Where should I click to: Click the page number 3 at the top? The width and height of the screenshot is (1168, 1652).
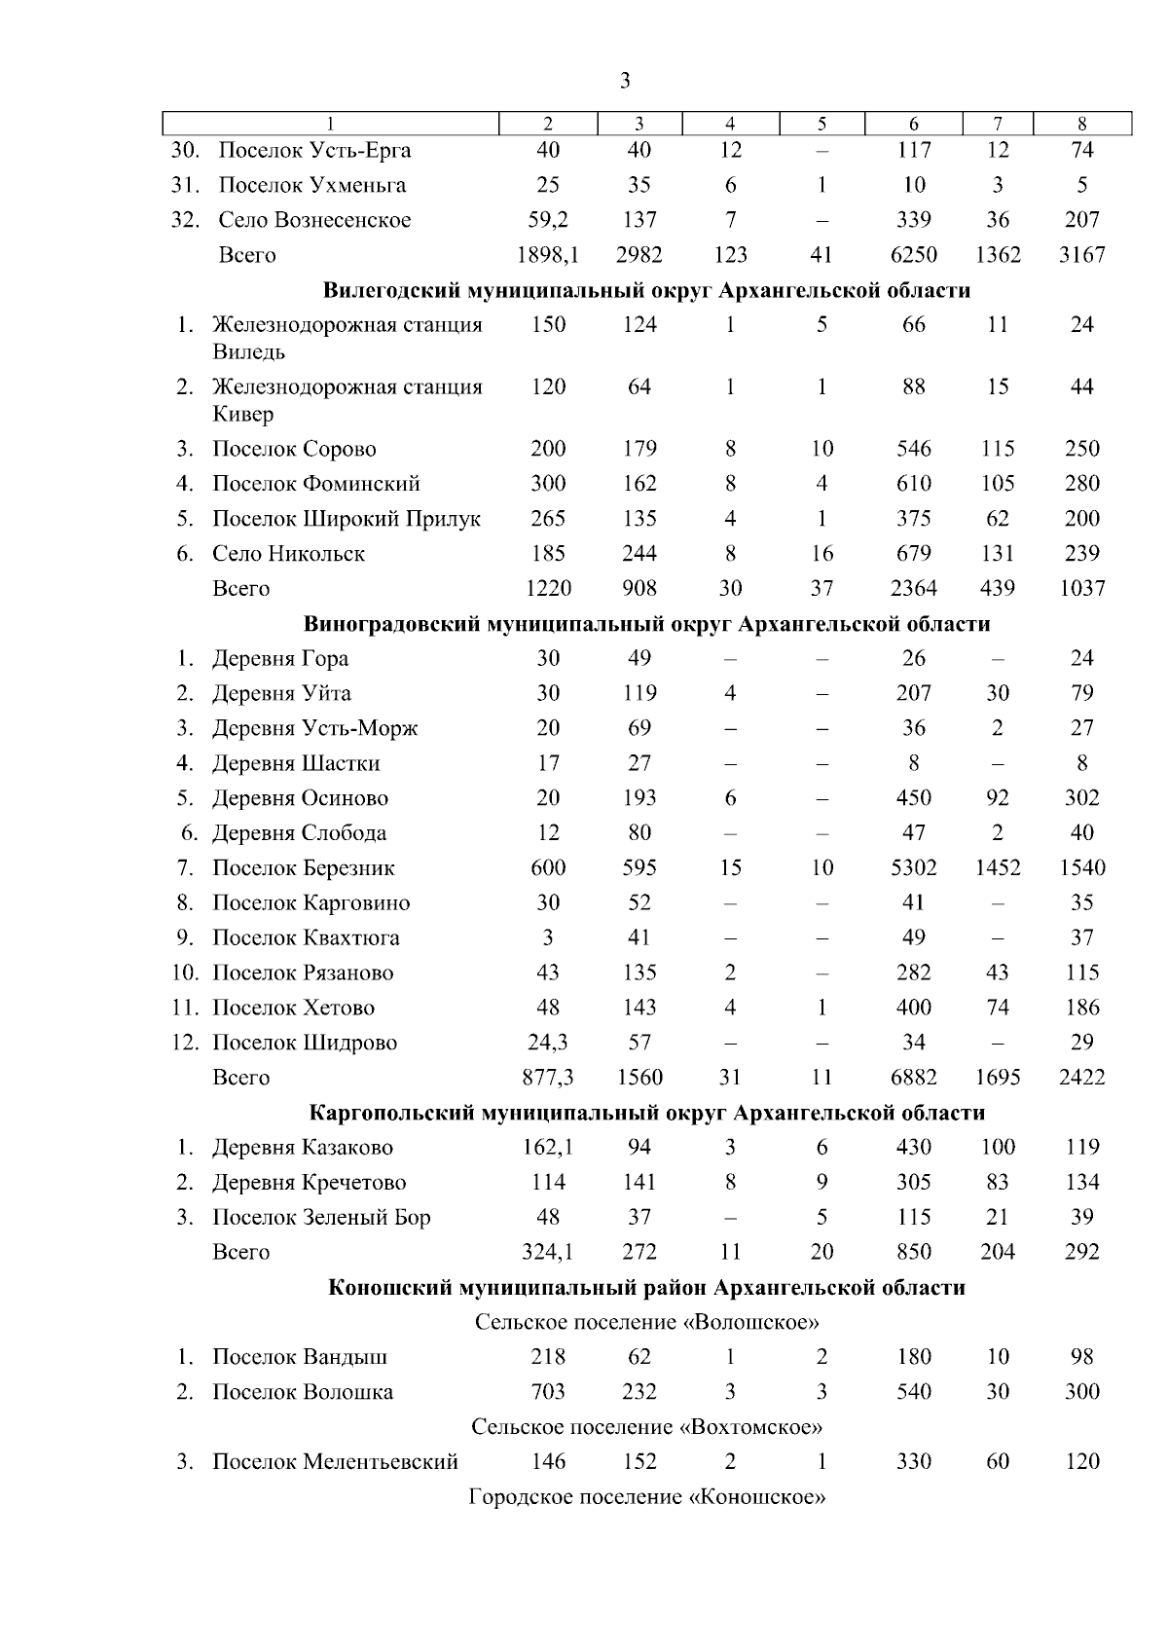click(624, 80)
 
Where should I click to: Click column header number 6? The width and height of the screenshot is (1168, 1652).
click(913, 124)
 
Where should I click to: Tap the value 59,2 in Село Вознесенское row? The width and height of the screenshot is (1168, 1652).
click(548, 220)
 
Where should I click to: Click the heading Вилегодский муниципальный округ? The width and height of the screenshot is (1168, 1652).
click(646, 290)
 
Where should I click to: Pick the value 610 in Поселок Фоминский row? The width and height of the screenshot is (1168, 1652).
click(913, 484)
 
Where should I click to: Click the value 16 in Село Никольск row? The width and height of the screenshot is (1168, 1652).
click(821, 554)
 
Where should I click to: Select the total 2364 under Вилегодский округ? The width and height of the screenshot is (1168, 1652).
click(913, 589)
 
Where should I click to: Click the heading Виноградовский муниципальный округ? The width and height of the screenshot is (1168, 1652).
click(646, 624)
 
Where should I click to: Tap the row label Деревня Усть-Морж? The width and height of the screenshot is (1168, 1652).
click(314, 728)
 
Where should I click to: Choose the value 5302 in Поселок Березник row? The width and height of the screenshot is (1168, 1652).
click(913, 868)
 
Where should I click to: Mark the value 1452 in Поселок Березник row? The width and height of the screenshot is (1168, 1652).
click(997, 868)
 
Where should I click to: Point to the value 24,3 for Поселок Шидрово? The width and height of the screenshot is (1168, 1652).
click(548, 1043)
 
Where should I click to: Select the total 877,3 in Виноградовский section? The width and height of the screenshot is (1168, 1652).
click(548, 1078)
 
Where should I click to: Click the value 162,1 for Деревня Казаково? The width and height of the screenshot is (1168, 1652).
click(548, 1148)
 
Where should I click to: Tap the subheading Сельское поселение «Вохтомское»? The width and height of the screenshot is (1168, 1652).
click(646, 1427)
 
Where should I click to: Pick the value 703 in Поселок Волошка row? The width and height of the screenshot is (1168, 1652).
click(548, 1392)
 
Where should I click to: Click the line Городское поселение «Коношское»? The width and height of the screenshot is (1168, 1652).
click(646, 1497)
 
